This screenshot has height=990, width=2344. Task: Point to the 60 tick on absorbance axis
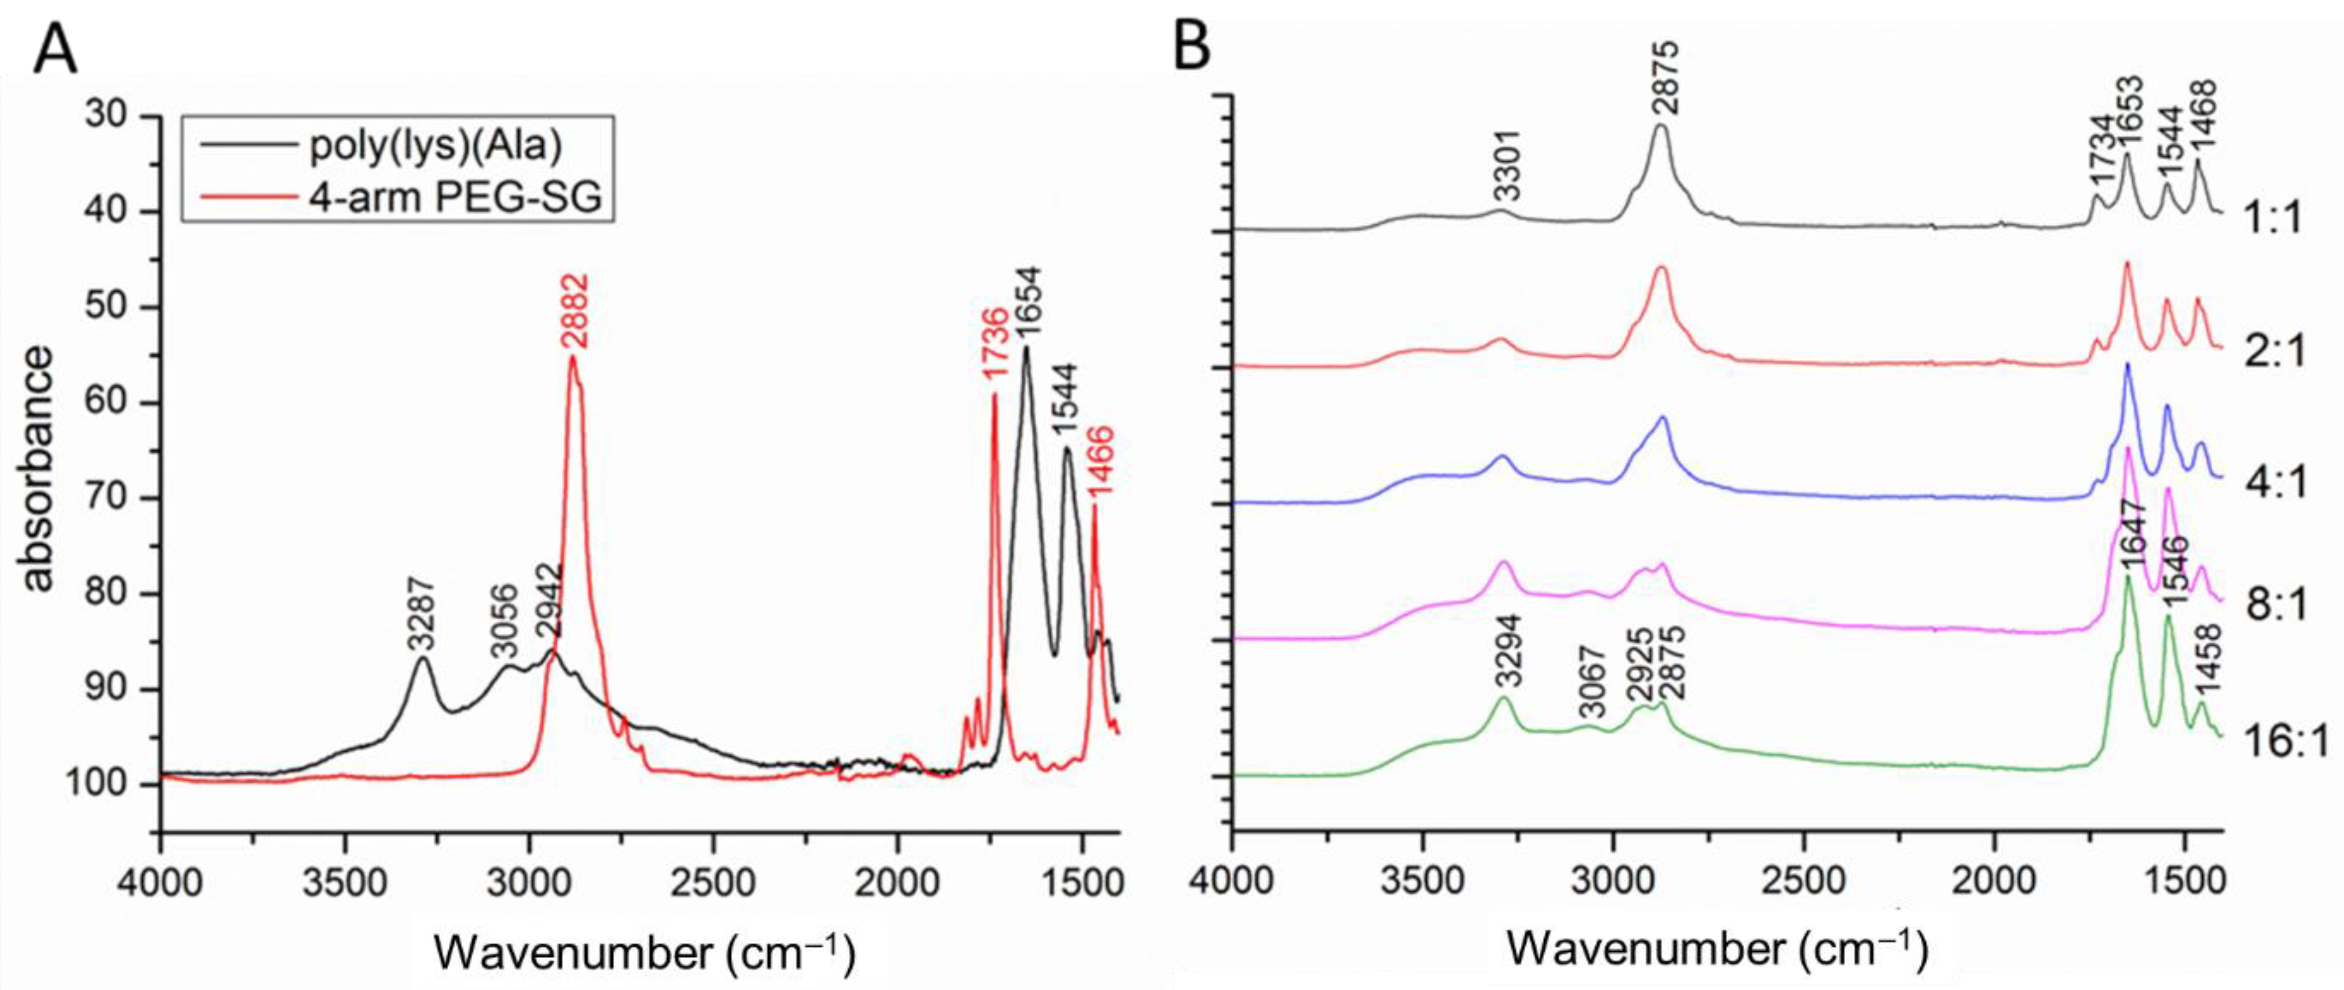click(111, 402)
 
